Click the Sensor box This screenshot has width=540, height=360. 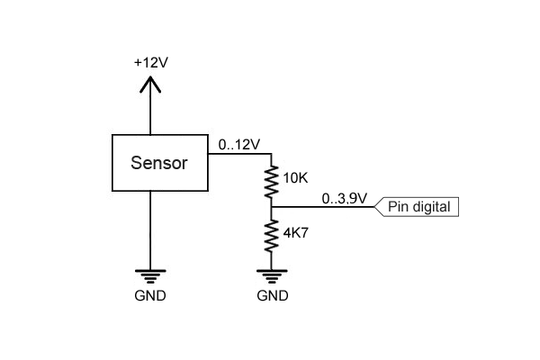(x=159, y=163)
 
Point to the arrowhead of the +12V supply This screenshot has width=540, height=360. (x=150, y=84)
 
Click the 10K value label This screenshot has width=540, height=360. (x=295, y=178)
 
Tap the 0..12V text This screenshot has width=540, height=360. (x=238, y=143)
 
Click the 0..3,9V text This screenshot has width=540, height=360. (x=344, y=198)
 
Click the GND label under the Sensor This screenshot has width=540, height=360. (x=150, y=295)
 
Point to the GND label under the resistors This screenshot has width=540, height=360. (x=272, y=295)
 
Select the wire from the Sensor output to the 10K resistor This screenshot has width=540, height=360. (x=239, y=154)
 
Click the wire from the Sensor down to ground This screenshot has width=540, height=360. (x=150, y=229)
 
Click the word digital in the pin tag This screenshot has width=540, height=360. (x=432, y=207)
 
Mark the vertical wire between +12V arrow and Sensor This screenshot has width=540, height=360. (x=150, y=112)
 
